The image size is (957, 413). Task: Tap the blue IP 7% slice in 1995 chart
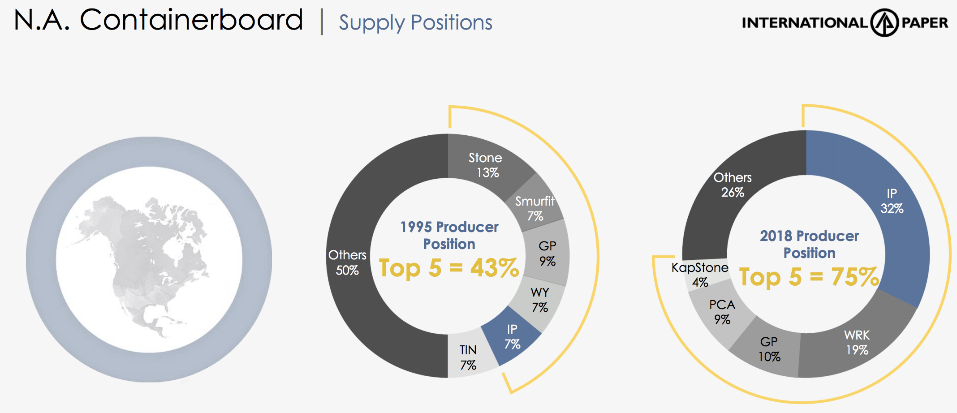point(512,337)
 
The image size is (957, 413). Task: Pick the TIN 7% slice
point(469,357)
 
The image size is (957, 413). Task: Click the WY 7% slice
point(540,300)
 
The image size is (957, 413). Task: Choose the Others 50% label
point(347,262)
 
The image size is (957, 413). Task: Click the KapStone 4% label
point(700,275)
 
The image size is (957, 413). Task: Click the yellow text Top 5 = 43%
point(449,268)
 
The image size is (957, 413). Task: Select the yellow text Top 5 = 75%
point(809,276)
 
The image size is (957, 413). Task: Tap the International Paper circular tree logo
point(884,22)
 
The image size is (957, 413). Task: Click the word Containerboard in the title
point(191,20)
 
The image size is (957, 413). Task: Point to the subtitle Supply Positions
point(415,22)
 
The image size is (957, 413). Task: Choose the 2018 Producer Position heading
point(809,244)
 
